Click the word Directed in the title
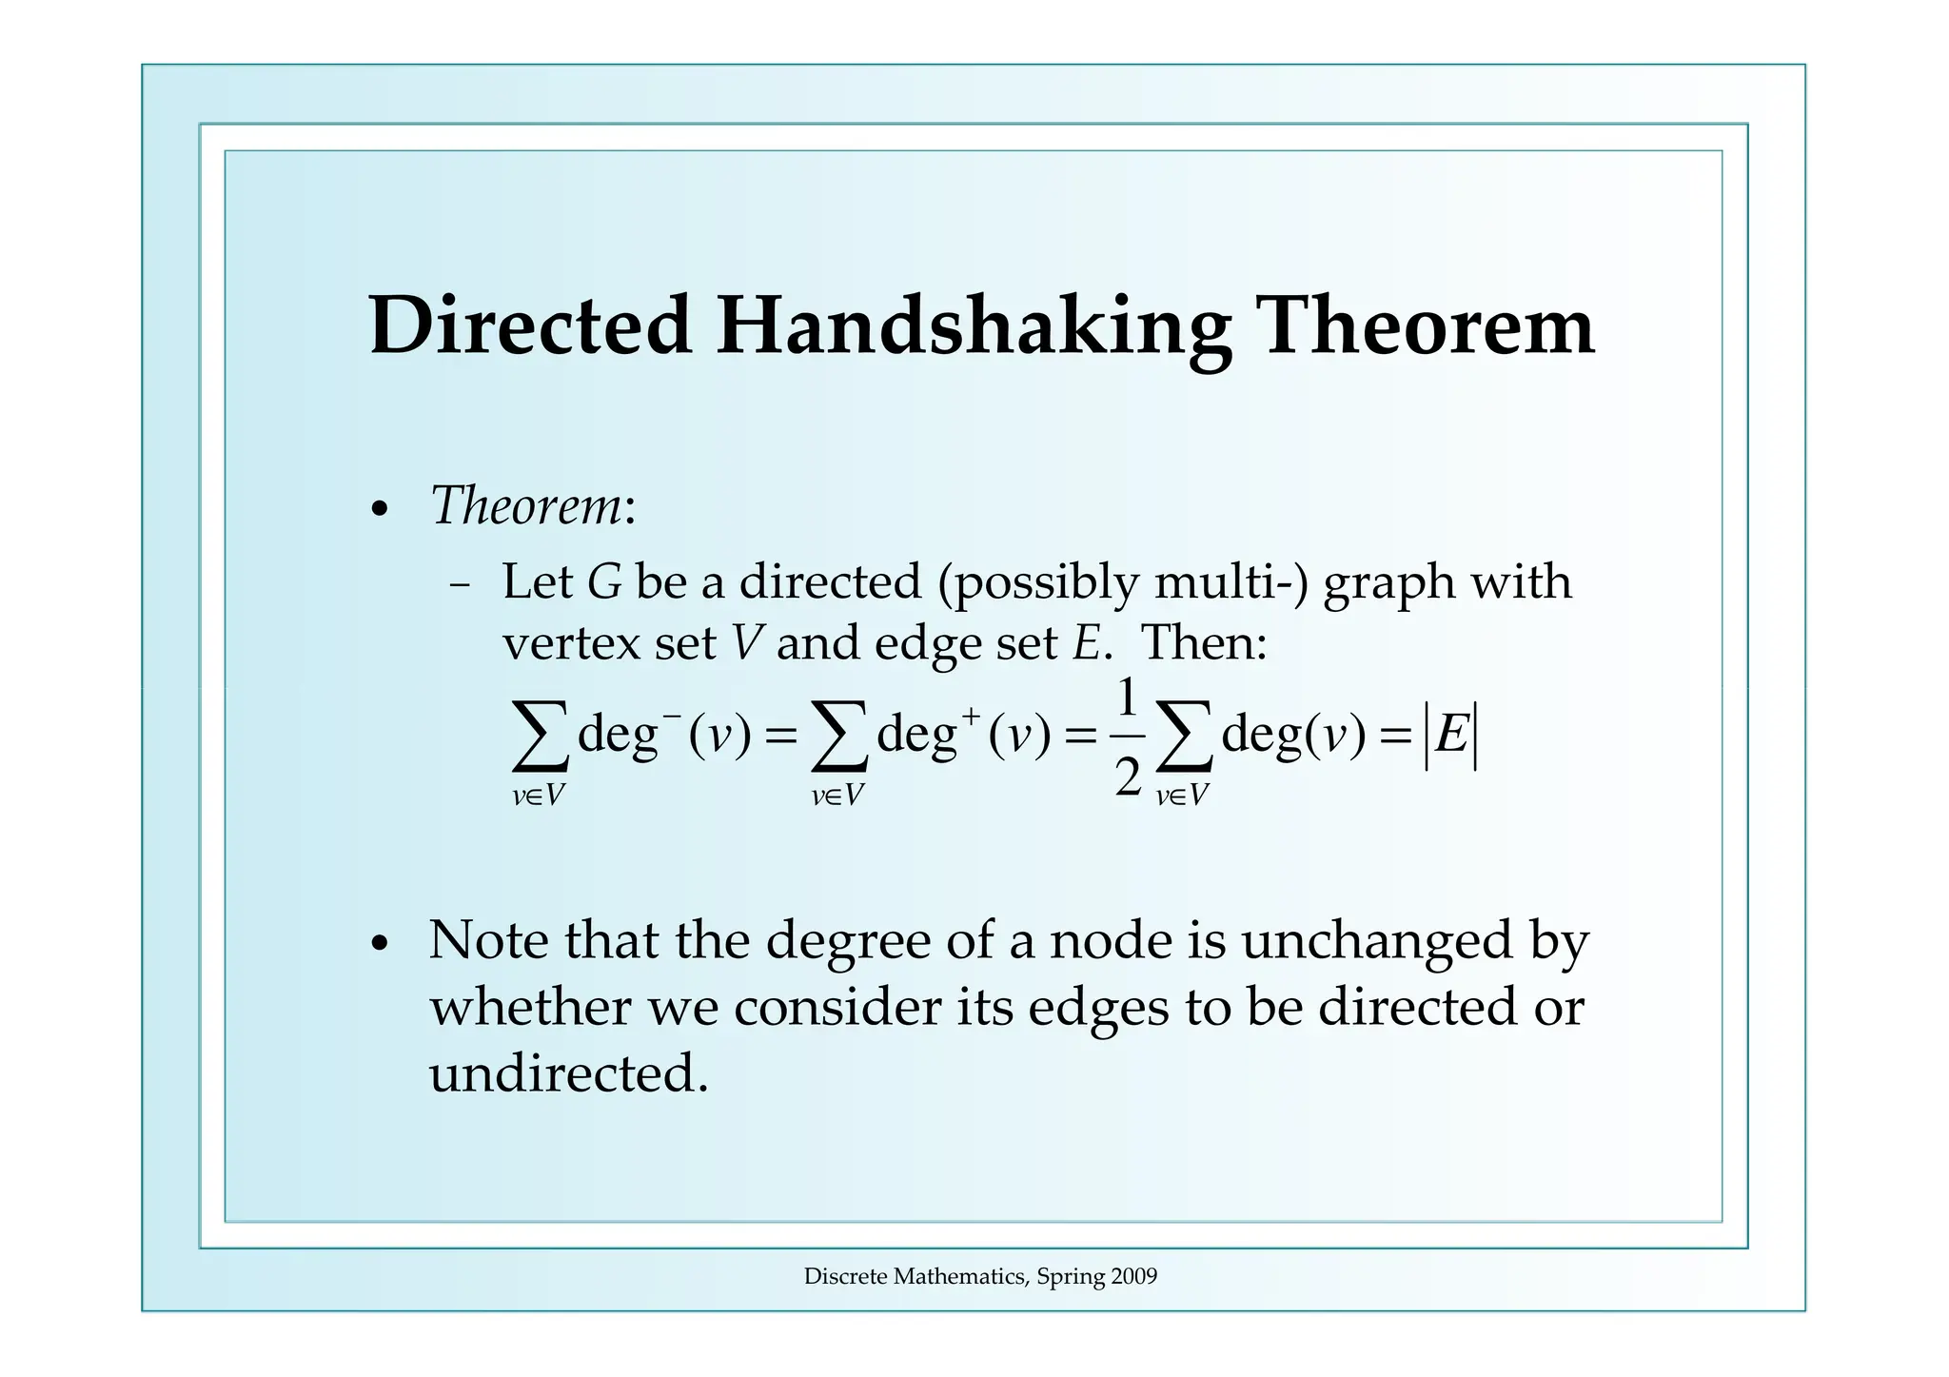click(530, 325)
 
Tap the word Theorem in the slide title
click(1427, 325)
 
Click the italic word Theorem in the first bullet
click(526, 505)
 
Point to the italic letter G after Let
click(605, 582)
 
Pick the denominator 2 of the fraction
click(1127, 776)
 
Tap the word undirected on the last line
click(568, 1074)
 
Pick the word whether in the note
click(530, 1007)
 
